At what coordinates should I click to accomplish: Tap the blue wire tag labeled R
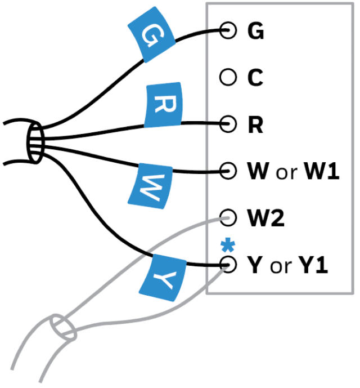click(x=163, y=106)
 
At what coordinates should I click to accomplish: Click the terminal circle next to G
click(x=228, y=31)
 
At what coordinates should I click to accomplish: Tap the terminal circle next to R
click(x=228, y=123)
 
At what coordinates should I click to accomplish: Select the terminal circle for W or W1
click(x=228, y=170)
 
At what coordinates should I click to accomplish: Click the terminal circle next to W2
click(x=228, y=217)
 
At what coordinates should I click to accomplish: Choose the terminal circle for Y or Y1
click(x=228, y=264)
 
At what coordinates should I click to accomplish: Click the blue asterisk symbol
click(x=227, y=244)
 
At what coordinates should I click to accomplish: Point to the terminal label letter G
click(x=256, y=32)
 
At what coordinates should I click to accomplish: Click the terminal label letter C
click(x=255, y=78)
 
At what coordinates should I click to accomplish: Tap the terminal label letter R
click(x=255, y=124)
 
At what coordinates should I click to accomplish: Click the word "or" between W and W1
click(x=286, y=172)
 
